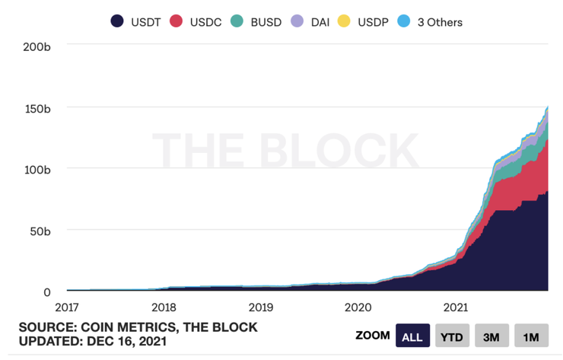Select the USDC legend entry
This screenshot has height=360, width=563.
[196, 21]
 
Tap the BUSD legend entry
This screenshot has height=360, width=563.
[257, 21]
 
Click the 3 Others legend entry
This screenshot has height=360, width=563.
[431, 21]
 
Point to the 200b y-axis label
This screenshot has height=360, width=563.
[37, 46]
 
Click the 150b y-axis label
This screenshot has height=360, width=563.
[37, 108]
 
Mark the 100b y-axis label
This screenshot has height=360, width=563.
[37, 169]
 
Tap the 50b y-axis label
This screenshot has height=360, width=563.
[40, 231]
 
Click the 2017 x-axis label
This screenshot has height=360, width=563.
[67, 307]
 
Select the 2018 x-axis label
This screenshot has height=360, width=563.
[164, 307]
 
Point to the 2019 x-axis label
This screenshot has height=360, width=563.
[261, 307]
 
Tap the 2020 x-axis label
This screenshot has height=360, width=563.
[358, 307]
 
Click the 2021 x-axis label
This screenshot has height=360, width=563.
[455, 307]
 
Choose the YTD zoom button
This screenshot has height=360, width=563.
[452, 336]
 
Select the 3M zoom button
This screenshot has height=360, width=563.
[491, 336]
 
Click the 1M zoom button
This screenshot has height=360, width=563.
[531, 336]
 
